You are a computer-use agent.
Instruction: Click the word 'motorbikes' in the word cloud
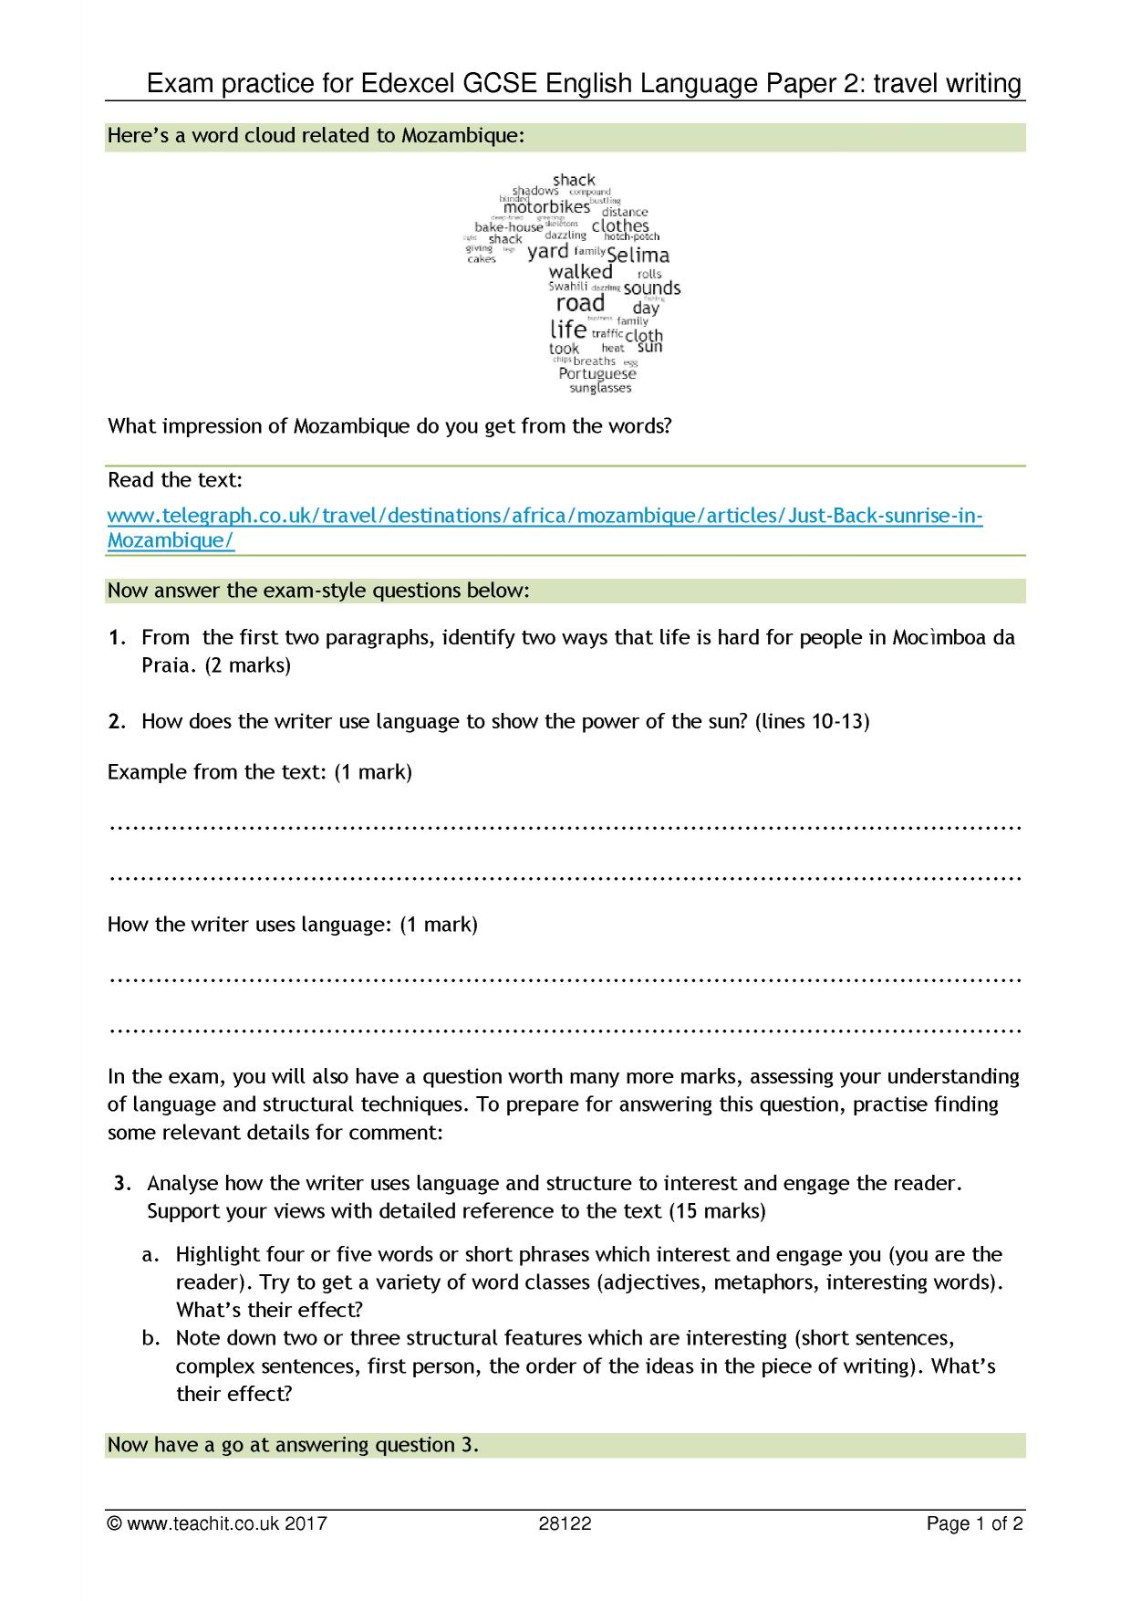click(546, 207)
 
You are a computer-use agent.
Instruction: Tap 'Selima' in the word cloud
click(638, 256)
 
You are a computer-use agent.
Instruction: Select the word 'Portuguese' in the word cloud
click(597, 373)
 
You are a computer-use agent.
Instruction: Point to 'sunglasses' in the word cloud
click(600, 389)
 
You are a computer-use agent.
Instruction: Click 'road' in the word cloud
click(580, 303)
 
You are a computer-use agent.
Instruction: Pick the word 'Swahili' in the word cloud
click(569, 287)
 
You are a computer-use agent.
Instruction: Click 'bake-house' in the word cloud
click(508, 227)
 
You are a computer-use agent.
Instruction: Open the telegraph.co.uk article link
click(545, 517)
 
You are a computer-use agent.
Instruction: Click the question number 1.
click(116, 637)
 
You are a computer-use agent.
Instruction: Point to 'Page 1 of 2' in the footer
click(974, 1523)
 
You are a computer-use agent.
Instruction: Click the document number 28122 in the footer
click(565, 1523)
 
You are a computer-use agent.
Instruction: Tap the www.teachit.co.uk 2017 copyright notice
click(217, 1523)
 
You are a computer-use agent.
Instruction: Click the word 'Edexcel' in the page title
click(410, 85)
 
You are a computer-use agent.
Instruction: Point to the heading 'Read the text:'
click(175, 480)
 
